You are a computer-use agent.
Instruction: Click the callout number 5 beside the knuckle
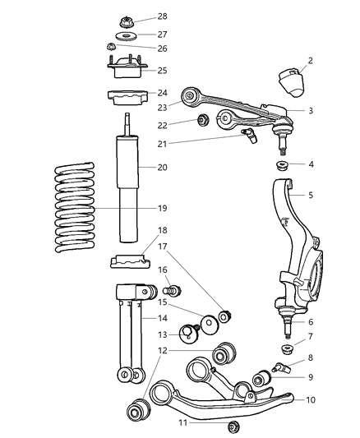312,195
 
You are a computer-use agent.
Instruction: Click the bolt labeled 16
173,290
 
